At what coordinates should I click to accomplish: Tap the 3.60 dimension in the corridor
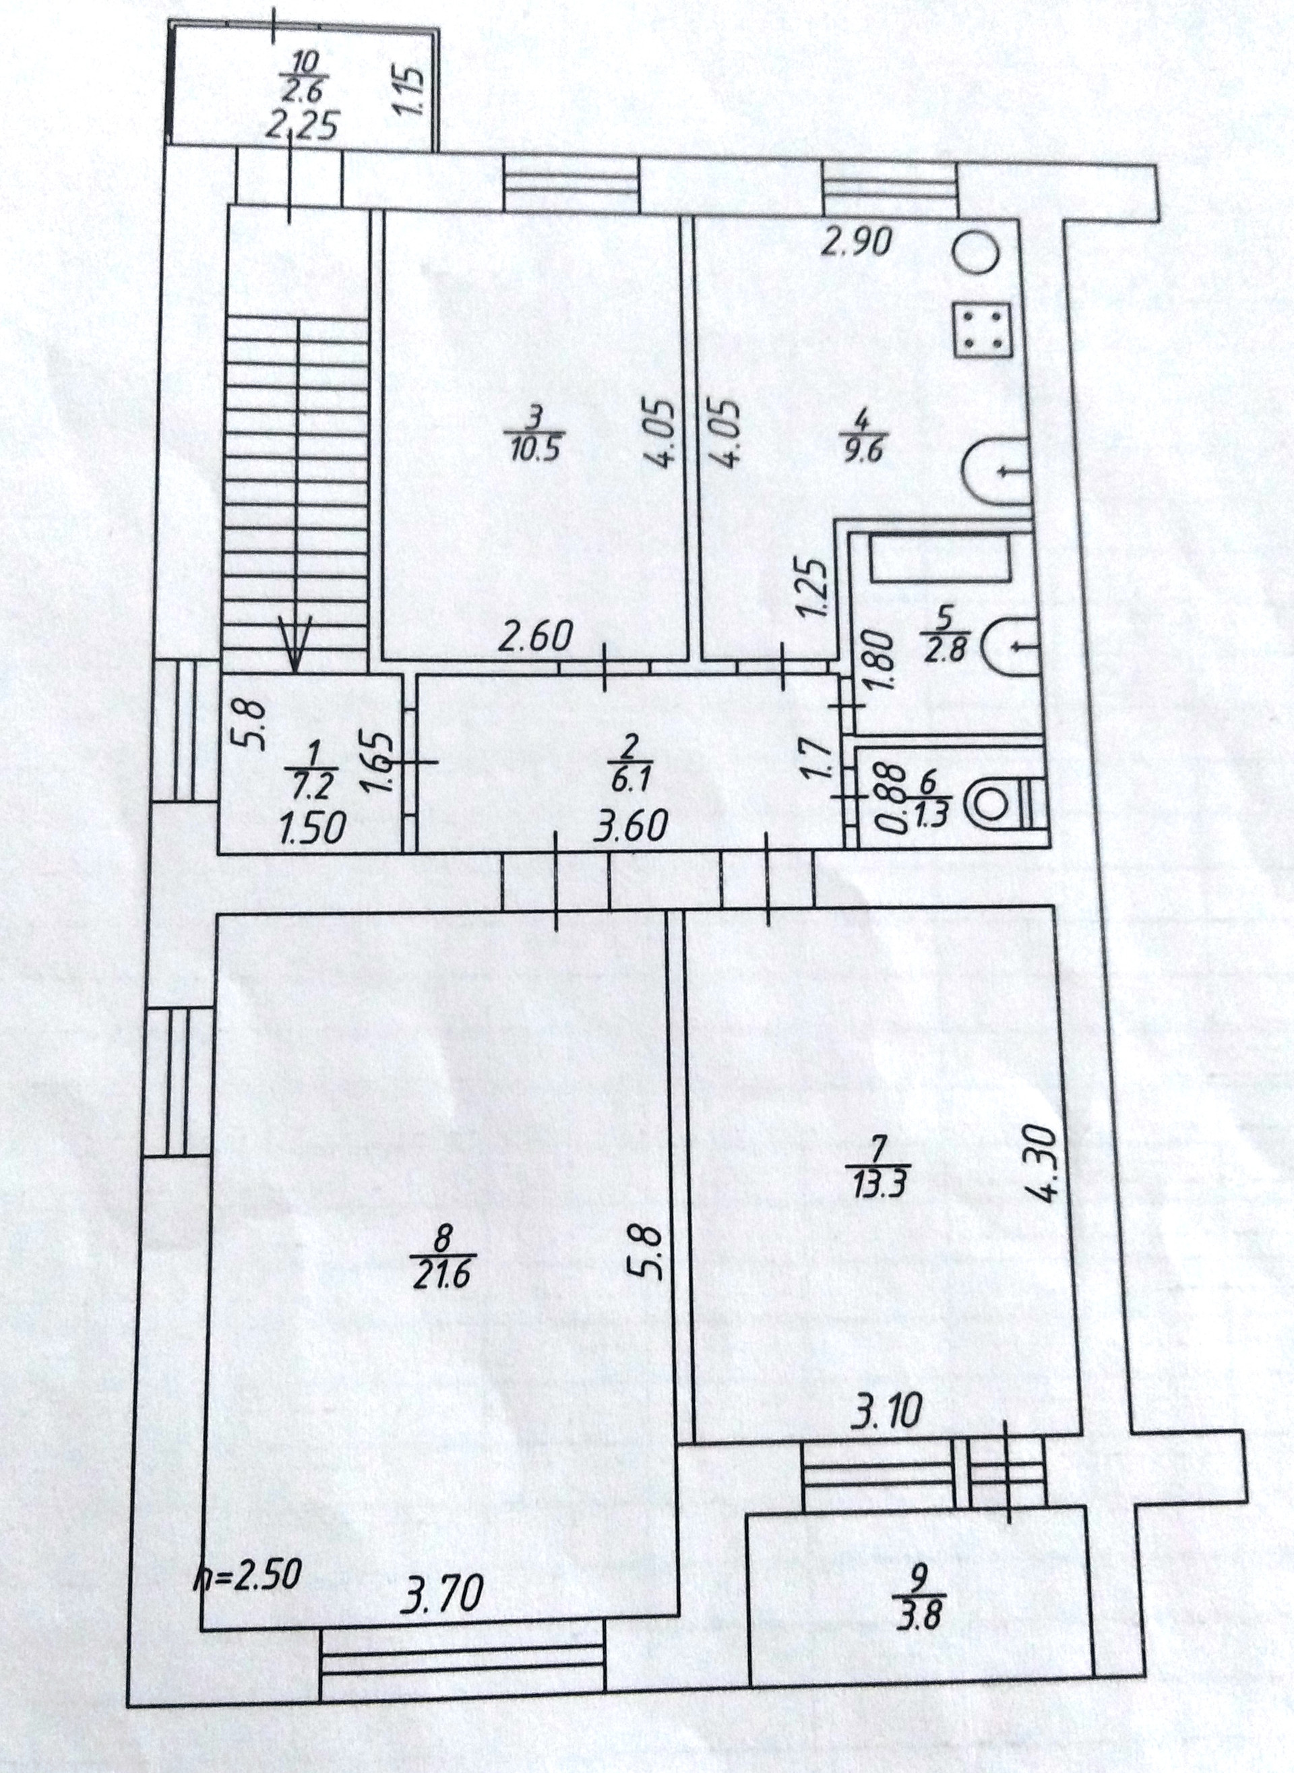pyautogui.click(x=631, y=826)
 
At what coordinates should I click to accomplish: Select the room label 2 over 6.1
pyautogui.click(x=626, y=764)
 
